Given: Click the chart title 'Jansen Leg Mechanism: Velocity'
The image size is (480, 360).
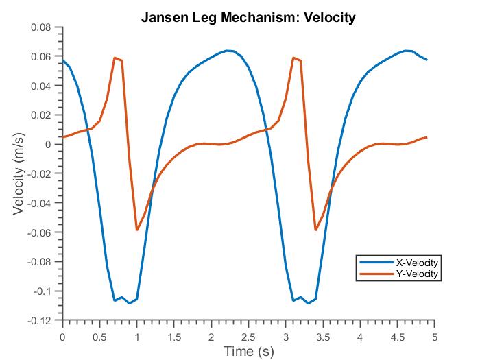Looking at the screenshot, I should pos(248,18).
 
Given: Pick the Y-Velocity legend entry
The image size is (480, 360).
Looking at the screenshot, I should pos(417,274).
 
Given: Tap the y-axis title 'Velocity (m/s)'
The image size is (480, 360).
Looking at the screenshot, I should pos(19,173).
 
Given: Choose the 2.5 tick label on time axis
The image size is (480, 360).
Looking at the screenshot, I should pos(249,336).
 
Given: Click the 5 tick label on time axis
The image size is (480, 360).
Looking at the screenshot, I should pos(435,336).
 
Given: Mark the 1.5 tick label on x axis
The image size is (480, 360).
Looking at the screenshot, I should pos(174,336).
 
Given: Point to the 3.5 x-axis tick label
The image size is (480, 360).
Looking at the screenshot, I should pos(323,336).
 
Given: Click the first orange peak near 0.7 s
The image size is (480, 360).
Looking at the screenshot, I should pos(115,58).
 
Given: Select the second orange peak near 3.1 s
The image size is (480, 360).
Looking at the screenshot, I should pos(293,58).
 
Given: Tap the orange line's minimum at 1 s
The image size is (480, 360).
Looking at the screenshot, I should pos(137,230).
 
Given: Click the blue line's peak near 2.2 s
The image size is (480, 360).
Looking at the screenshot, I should pos(226,50).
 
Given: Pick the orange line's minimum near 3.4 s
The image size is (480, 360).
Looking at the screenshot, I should pos(315,230).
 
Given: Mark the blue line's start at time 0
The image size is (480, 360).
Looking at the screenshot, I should pos(63,61).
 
